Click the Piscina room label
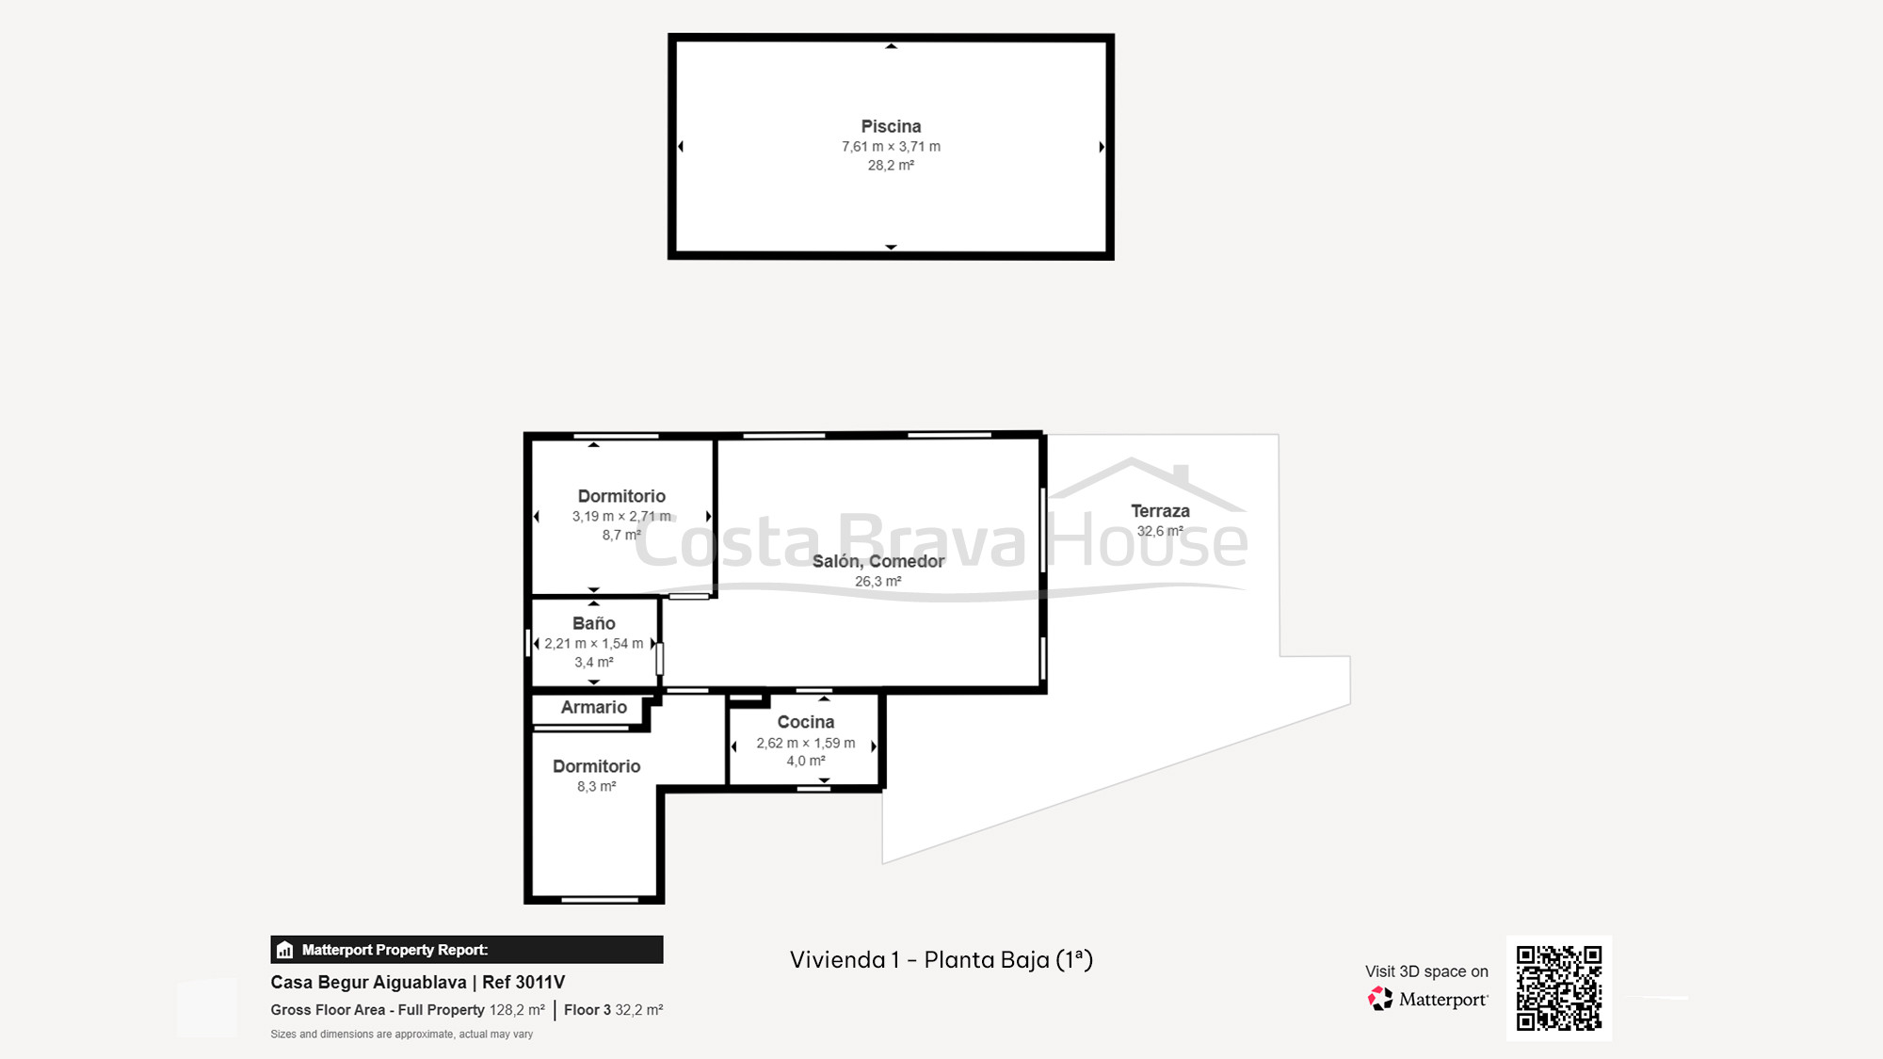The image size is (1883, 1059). (891, 126)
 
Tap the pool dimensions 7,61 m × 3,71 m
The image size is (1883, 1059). (891, 147)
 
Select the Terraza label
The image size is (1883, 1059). (1160, 511)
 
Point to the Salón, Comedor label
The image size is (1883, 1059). (877, 561)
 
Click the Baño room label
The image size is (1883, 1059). (593, 623)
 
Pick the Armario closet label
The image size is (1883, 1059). (593, 707)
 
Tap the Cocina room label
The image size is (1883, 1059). (805, 722)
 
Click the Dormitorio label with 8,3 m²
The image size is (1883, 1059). (596, 766)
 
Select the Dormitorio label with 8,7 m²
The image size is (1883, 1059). (621, 496)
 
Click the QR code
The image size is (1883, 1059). (1558, 987)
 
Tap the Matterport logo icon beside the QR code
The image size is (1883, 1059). (1380, 999)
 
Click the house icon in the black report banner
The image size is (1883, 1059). (285, 950)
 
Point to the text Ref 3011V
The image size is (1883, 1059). (523, 982)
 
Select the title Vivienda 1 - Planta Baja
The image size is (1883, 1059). (941, 959)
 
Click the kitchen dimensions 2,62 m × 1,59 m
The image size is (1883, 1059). (805, 743)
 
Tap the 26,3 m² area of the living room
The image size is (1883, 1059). (877, 582)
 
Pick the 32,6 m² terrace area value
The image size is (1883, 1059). (1160, 531)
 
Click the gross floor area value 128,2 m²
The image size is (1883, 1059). (517, 1010)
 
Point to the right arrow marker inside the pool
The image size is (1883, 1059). (1101, 147)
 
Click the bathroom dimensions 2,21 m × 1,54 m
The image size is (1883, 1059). (593, 644)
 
